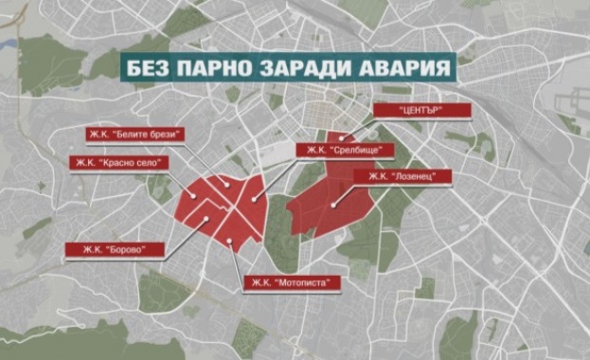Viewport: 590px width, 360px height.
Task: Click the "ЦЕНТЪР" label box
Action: pos(409,111)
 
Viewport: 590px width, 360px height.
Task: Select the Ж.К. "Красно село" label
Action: pos(117,163)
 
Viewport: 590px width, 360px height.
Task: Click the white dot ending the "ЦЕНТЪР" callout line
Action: pos(342,138)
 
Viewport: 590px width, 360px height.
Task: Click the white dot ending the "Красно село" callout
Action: pos(194,197)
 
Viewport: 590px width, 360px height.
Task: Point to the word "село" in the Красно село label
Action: pos(150,163)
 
